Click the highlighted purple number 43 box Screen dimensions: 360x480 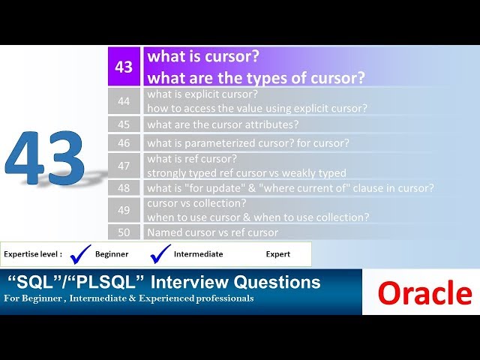point(124,67)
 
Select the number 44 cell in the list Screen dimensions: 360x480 point(124,100)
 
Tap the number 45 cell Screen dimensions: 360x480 point(124,124)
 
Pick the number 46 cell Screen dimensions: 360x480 point(124,142)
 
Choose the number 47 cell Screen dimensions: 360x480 point(124,165)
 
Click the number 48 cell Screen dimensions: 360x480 point(124,187)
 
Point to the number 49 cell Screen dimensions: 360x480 point(124,210)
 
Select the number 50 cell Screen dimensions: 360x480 point(124,232)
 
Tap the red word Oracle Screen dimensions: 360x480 point(424,293)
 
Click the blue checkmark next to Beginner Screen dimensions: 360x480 point(80,253)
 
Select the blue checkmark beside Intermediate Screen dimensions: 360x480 point(160,253)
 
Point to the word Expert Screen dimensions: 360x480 point(278,254)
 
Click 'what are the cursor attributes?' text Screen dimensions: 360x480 point(223,124)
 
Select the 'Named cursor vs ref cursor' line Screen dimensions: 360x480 point(212,232)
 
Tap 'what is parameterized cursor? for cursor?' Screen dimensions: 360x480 point(248,142)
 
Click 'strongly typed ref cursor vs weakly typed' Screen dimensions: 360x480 point(247,172)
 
